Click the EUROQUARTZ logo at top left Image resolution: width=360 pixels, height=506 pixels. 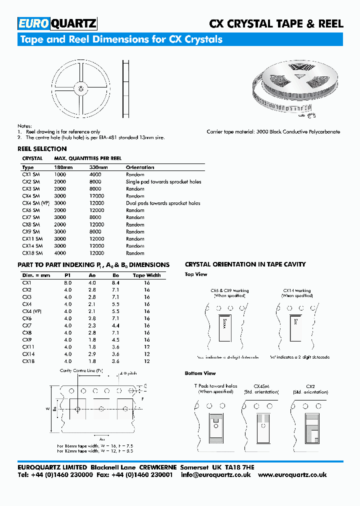point(57,23)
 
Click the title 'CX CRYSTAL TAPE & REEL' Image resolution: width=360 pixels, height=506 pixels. point(275,23)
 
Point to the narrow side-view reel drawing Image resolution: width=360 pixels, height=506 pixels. point(125,88)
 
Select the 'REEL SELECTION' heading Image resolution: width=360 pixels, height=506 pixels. point(42,149)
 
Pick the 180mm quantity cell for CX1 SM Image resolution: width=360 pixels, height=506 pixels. point(59,174)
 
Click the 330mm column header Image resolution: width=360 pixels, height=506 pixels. point(98,167)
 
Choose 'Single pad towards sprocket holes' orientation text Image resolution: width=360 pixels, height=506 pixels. point(163,182)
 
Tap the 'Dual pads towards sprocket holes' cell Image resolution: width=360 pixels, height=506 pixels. point(163,203)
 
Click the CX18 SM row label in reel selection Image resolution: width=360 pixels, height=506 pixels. point(32,253)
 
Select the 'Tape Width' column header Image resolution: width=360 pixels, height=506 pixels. point(146,275)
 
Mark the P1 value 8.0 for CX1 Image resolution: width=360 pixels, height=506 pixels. point(68,283)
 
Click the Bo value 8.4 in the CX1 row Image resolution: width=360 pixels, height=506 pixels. point(115,283)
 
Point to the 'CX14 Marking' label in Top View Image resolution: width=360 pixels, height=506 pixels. point(296,290)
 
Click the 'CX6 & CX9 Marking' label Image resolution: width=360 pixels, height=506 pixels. point(229,290)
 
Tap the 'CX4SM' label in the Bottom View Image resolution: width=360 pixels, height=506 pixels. point(261,386)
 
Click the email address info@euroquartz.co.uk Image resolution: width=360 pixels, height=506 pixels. point(215,475)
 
